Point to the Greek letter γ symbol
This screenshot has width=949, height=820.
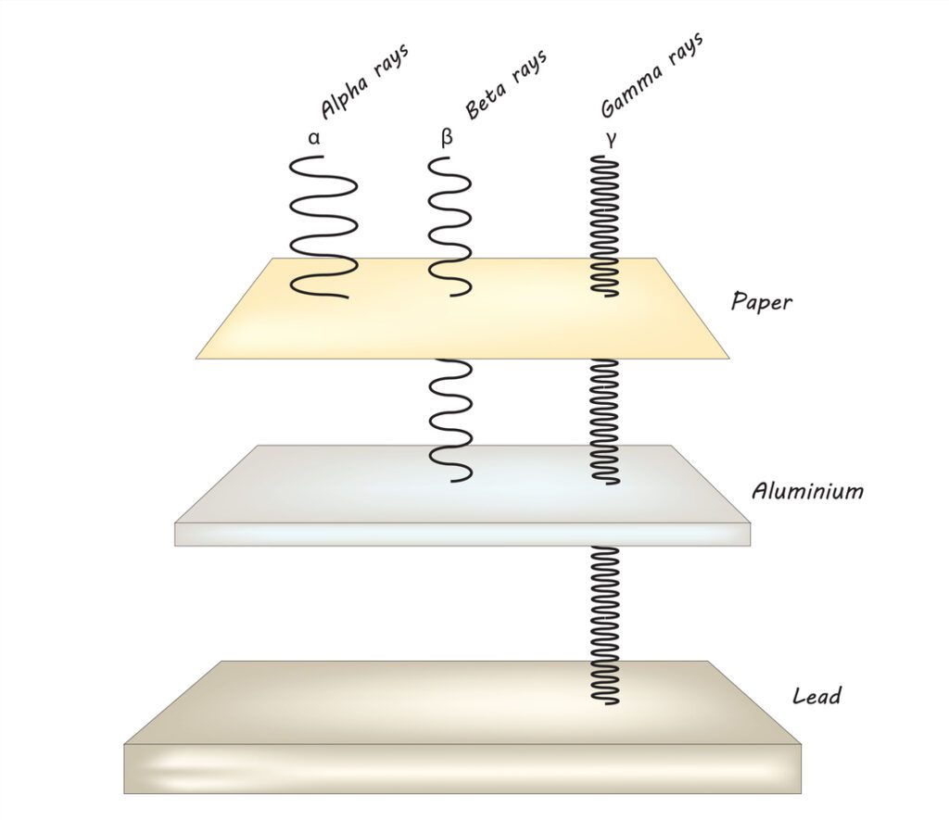click(x=611, y=140)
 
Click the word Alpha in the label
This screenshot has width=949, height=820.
click(x=344, y=96)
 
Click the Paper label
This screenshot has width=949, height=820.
click(x=761, y=301)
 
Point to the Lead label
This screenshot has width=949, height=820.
click(x=816, y=695)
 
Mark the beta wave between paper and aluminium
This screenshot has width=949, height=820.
click(x=451, y=421)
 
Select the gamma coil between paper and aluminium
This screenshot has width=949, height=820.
click(x=605, y=421)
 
